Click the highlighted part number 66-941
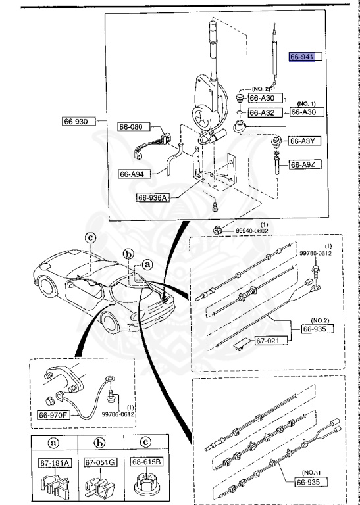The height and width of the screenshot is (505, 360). point(303,57)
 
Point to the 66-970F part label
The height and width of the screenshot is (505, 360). point(57,415)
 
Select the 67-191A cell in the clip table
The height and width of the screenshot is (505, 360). point(54,462)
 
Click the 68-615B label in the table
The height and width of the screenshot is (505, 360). point(147,462)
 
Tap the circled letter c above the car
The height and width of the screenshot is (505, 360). point(90,237)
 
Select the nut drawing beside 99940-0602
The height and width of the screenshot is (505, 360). point(216,230)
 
